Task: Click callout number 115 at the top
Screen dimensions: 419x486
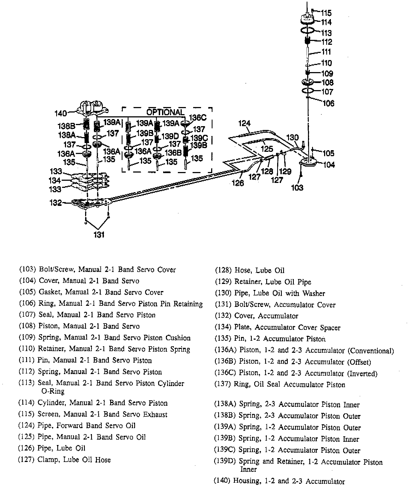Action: [326, 13]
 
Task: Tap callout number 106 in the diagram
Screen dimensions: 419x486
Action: [328, 103]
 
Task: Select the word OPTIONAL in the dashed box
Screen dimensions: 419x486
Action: [166, 112]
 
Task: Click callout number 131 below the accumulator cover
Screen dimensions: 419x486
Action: [99, 235]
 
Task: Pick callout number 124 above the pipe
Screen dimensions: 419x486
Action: [244, 123]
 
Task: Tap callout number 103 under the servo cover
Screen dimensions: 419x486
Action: [297, 188]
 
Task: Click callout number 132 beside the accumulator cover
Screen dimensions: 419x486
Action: [56, 203]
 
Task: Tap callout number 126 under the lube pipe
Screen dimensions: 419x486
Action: [238, 183]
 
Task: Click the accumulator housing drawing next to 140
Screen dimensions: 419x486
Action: [92, 108]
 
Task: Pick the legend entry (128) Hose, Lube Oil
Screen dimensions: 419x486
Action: [250, 271]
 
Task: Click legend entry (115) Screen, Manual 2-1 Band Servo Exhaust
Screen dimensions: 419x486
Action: [93, 414]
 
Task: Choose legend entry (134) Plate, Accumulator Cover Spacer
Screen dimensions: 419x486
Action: [277, 327]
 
